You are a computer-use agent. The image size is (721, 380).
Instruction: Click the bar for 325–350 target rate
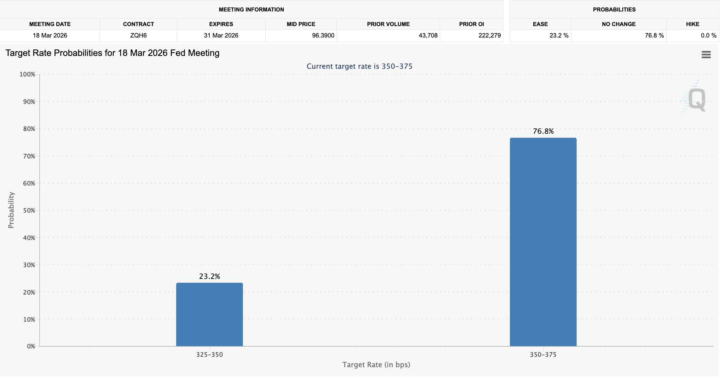(x=209, y=314)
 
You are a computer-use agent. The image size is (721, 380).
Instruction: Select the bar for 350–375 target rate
(x=543, y=242)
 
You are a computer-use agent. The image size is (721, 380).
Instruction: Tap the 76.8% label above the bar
(x=543, y=131)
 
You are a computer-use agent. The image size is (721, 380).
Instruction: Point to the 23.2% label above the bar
(x=209, y=276)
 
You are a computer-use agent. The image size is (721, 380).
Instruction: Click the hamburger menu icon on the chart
(x=706, y=55)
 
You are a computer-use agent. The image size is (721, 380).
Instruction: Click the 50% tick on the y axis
(x=29, y=210)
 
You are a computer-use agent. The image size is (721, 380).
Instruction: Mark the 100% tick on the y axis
(x=27, y=74)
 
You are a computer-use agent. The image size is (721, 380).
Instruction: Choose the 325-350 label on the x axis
(x=209, y=355)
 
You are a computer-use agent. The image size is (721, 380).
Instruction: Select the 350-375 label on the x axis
(x=543, y=355)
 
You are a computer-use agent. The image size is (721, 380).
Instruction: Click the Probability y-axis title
(x=11, y=210)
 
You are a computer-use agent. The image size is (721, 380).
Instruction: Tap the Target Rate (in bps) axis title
(x=376, y=365)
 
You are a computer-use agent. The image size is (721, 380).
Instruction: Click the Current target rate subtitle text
(x=359, y=66)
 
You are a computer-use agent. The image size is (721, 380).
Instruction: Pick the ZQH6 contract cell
(x=138, y=35)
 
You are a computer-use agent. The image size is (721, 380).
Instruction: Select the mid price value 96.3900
(x=323, y=35)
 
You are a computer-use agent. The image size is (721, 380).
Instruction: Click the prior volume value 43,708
(x=428, y=35)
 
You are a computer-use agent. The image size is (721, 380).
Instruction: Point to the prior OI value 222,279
(x=489, y=35)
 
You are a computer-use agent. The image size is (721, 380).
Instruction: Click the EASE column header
(x=540, y=24)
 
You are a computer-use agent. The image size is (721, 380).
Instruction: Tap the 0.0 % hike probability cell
(x=708, y=35)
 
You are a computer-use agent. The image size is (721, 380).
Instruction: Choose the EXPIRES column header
(x=221, y=24)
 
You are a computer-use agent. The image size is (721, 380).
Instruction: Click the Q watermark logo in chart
(x=697, y=99)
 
